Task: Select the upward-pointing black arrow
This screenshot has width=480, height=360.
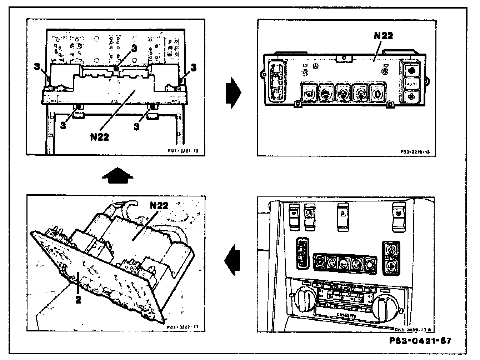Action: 117,175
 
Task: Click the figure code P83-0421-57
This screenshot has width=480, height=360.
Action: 420,341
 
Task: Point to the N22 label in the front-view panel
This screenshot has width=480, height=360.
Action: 383,36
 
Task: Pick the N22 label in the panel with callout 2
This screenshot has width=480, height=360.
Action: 159,206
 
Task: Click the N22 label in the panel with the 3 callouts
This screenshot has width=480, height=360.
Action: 99,136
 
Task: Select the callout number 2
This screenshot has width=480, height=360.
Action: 78,299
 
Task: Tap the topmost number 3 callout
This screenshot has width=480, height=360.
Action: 134,49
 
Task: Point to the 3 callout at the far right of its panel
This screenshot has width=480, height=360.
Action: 194,67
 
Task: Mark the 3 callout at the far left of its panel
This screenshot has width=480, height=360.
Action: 37,66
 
